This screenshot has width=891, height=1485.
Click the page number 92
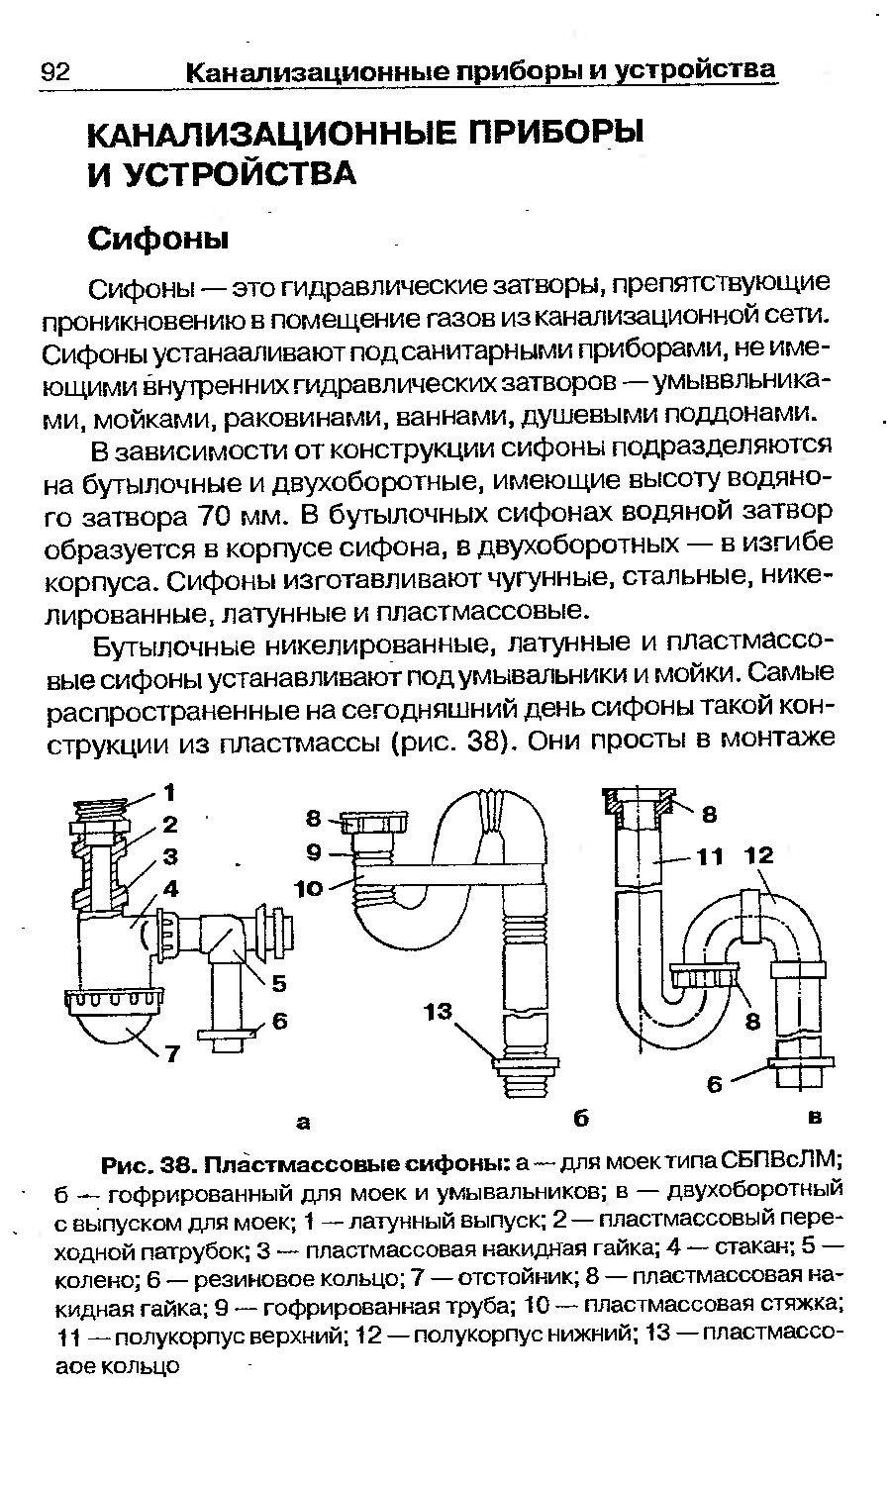53,72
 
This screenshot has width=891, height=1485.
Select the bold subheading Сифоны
158,239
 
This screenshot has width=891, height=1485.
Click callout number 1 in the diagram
169,792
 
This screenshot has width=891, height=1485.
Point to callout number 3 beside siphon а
169,855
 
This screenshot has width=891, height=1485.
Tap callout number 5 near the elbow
278,984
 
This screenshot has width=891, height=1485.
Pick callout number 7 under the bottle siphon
172,1054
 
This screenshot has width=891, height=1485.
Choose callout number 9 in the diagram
314,851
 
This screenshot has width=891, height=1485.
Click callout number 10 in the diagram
309,889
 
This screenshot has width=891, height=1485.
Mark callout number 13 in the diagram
437,1012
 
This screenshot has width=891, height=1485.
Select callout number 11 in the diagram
710,856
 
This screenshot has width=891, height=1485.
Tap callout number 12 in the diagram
759,855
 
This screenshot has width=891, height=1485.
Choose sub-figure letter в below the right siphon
815,1118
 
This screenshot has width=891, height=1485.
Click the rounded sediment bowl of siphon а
115,1030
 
